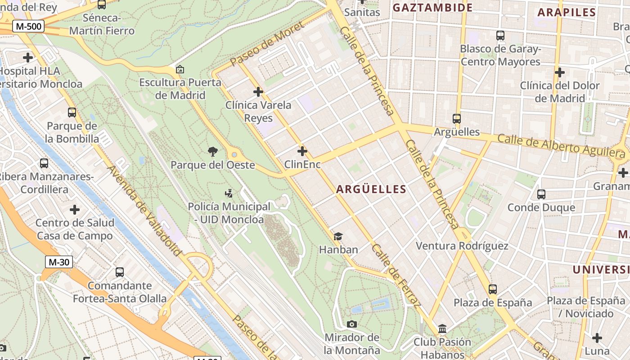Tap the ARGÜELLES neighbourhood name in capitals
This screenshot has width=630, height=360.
tap(371, 189)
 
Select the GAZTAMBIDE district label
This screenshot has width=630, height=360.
tap(432, 7)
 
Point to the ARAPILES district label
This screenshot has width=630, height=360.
tap(567, 13)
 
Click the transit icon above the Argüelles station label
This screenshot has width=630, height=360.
tap(457, 119)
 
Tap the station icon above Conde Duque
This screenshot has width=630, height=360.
tap(541, 194)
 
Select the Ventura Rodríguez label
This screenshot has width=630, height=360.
tap(462, 246)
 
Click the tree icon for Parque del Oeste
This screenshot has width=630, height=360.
tap(213, 152)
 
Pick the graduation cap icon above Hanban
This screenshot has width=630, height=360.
tap(338, 236)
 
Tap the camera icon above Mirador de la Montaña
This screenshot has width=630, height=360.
tap(352, 324)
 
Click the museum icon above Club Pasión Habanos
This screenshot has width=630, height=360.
tap(442, 329)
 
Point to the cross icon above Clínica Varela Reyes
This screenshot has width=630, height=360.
tap(258, 92)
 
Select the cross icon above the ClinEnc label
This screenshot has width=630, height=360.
tap(302, 151)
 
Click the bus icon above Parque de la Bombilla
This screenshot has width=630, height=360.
tap(72, 112)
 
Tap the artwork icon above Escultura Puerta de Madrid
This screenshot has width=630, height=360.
tap(180, 69)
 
